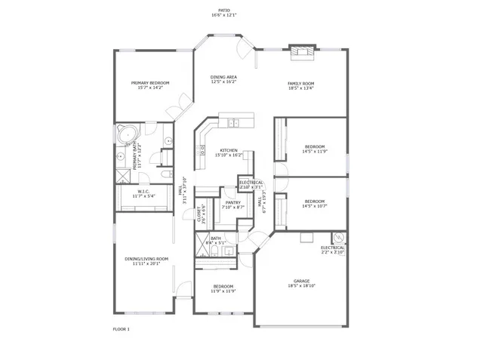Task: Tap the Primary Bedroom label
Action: pos(150,83)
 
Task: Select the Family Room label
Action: pos(300,84)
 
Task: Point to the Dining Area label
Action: pos(224,77)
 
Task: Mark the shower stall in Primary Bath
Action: pos(122,174)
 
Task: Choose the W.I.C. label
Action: pos(143,192)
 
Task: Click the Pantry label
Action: pos(232,202)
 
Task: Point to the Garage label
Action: pos(302,281)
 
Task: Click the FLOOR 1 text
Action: pos(122,329)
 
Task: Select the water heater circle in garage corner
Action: pos(337,237)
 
